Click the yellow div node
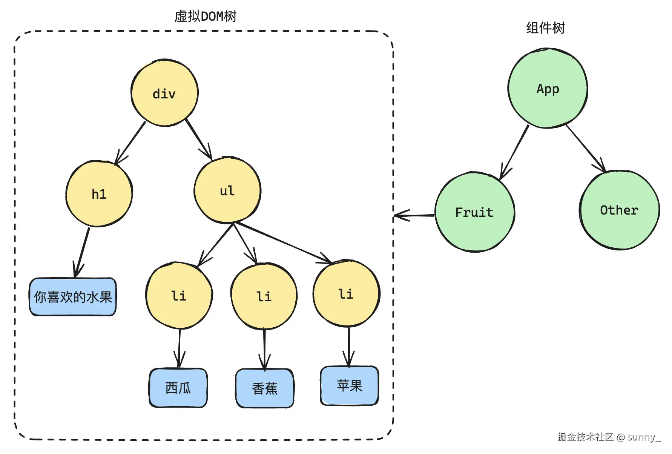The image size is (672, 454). (165, 93)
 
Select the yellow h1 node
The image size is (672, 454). (99, 194)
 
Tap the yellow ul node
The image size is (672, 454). (227, 190)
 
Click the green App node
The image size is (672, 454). (548, 88)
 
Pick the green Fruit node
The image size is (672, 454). (475, 212)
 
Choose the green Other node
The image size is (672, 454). (620, 210)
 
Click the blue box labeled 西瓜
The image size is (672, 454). (178, 388)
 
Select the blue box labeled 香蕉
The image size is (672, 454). (265, 388)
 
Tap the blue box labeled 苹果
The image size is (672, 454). (350, 385)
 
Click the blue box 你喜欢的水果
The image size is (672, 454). (73, 297)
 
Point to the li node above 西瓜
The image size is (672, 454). (179, 296)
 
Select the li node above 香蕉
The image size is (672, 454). (264, 296)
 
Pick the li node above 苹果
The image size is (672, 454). (347, 293)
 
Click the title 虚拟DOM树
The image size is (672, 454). (206, 16)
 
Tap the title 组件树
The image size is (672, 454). (546, 28)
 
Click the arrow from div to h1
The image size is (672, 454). (130, 143)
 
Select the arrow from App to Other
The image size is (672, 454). (586, 149)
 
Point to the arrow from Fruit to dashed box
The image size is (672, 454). (414, 215)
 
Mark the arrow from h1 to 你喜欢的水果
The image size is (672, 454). (82, 253)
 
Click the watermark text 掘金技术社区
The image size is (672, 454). (585, 437)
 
